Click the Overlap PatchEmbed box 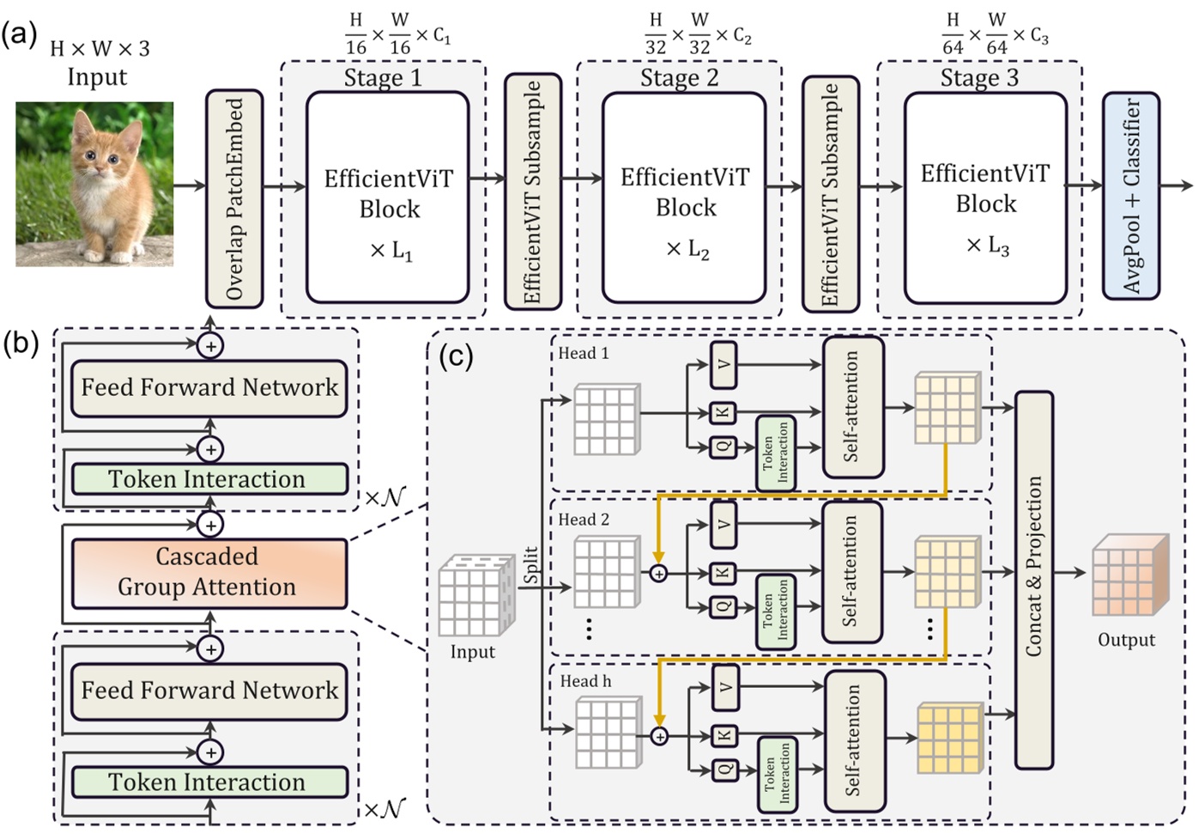234,198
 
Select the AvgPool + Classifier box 1131,196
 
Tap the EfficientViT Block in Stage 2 684,198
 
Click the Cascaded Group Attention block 209,572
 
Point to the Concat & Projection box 1033,580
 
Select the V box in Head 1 723,364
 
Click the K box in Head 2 723,573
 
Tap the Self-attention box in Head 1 852,407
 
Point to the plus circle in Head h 659,736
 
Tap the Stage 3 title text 978,78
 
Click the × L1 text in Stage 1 390,251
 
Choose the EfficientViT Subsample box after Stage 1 532,192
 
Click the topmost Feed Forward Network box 209,388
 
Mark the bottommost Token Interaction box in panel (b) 209,782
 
